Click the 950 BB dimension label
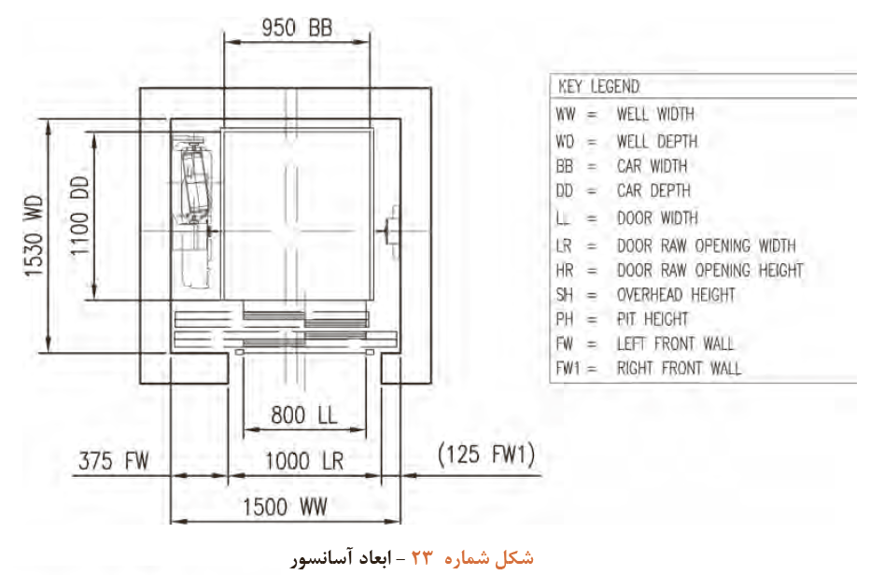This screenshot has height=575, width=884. (297, 28)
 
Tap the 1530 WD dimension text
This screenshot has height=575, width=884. (34, 236)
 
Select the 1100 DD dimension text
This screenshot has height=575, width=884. (79, 216)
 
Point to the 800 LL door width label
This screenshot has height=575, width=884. (304, 415)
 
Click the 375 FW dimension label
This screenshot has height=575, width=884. (114, 460)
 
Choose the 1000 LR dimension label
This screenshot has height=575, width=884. (304, 461)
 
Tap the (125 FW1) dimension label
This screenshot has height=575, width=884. (486, 455)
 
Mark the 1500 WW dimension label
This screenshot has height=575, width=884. (285, 507)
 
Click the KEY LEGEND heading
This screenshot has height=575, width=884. (598, 87)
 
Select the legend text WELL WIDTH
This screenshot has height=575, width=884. (655, 115)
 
